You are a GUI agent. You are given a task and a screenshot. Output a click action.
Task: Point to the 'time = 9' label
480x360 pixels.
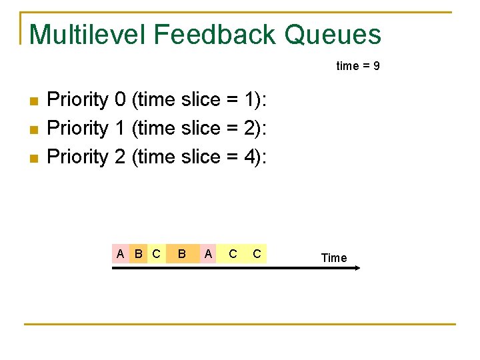[358, 66]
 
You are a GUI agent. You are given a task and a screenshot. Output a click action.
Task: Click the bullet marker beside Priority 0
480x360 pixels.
[35, 101]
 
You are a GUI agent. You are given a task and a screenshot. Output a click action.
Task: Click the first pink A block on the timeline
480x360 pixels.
[120, 253]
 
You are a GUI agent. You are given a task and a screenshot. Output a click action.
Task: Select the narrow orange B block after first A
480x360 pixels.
[138, 253]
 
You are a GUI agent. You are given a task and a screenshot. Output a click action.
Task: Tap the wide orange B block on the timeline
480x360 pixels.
[181, 253]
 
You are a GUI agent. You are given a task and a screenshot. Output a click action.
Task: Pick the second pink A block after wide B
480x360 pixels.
[208, 253]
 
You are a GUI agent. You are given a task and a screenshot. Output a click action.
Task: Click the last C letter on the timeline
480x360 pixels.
[257, 253]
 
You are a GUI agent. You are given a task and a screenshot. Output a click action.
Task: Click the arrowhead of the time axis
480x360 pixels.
[357, 268]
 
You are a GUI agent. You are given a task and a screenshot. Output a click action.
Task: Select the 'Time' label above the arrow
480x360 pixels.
[333, 257]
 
